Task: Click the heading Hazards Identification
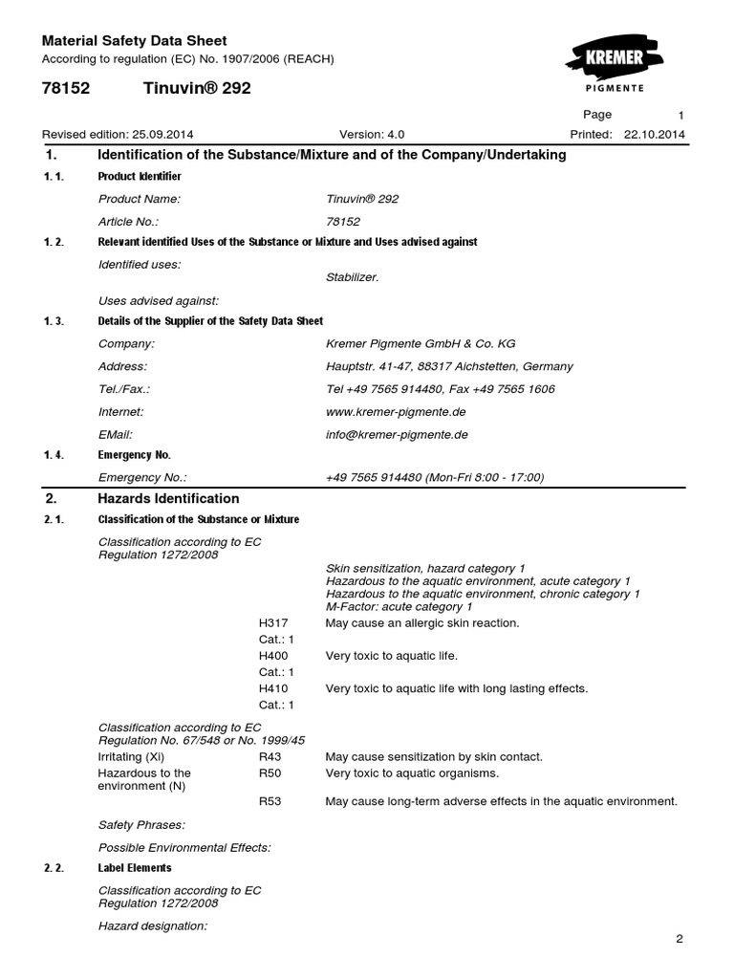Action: (x=168, y=498)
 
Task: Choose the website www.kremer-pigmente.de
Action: (x=397, y=412)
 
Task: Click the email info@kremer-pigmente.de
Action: (x=397, y=434)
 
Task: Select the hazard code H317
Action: (x=273, y=623)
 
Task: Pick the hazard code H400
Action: (x=273, y=656)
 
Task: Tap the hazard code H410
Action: (x=273, y=688)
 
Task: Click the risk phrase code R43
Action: (x=270, y=756)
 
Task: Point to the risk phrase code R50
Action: (x=270, y=772)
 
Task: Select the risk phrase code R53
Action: (x=270, y=801)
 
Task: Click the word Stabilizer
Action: (x=353, y=277)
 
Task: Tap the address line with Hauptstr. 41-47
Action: (x=449, y=366)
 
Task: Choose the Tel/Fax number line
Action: (x=440, y=389)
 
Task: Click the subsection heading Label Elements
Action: (x=135, y=868)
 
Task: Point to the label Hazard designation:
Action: (x=153, y=926)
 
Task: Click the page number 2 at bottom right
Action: (x=680, y=939)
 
